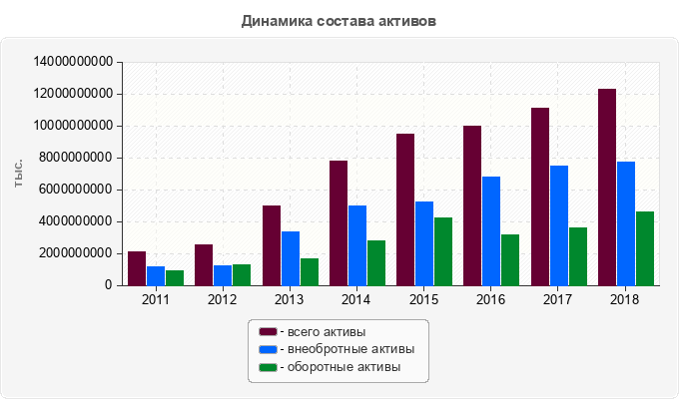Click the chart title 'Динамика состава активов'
click(x=339, y=20)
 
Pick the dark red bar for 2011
click(x=137, y=268)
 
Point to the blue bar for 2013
click(x=291, y=258)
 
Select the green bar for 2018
click(x=645, y=248)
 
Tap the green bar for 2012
click(x=242, y=275)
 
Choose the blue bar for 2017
click(x=559, y=225)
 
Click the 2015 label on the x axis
click(x=423, y=300)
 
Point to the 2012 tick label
click(x=222, y=300)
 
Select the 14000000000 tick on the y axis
click(x=73, y=62)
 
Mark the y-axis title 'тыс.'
click(x=19, y=173)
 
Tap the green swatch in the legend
click(x=268, y=368)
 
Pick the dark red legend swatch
click(x=268, y=331)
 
